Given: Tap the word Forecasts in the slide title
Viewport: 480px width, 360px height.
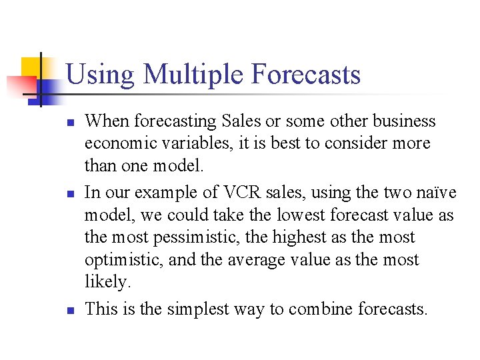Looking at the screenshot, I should pos(306,74).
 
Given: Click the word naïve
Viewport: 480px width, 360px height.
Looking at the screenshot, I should pos(439,193).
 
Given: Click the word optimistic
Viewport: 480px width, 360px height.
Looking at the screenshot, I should pos(123,260).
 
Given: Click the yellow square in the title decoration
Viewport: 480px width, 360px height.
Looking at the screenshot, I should pos(31,68).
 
